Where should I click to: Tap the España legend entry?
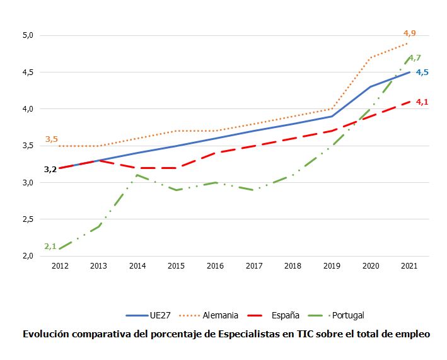pyautogui.click(x=285, y=315)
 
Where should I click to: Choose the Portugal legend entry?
pyautogui.click(x=347, y=315)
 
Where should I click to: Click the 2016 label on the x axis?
pyautogui.click(x=215, y=266)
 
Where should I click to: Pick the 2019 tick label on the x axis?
pyautogui.click(x=332, y=266)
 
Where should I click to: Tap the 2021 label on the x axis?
pyautogui.click(x=410, y=266)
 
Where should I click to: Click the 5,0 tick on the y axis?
pyautogui.click(x=27, y=35)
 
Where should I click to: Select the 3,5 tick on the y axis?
pyautogui.click(x=27, y=146)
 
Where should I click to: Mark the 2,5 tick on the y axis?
pyautogui.click(x=27, y=219)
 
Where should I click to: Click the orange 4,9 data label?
pyautogui.click(x=410, y=33)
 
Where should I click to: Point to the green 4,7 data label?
pyautogui.click(x=415, y=58)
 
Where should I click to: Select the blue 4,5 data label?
pyautogui.click(x=422, y=73)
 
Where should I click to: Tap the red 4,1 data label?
pyautogui.click(x=422, y=102)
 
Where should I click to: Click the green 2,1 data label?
pyautogui.click(x=51, y=247)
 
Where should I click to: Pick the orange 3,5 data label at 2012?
pyautogui.click(x=52, y=139)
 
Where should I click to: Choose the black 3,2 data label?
pyautogui.click(x=50, y=169)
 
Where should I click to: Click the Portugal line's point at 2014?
pyautogui.click(x=137, y=175)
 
